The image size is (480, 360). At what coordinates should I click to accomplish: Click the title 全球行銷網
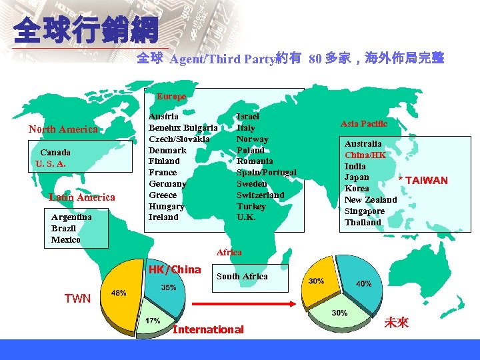[x=85, y=31]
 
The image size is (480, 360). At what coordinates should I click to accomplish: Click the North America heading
[x=63, y=129]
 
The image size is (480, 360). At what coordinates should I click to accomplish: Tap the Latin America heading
[x=82, y=197]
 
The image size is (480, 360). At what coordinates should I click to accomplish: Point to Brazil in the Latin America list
[x=63, y=229]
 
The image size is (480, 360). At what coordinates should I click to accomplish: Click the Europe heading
[x=171, y=97]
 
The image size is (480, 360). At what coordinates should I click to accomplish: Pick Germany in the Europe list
[x=167, y=184]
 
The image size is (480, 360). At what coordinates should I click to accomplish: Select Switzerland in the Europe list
[x=261, y=195]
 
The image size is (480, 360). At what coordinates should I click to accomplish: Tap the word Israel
[x=248, y=117]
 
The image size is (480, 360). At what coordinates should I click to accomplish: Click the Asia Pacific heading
[x=364, y=124]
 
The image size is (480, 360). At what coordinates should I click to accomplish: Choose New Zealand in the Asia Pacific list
[x=371, y=200]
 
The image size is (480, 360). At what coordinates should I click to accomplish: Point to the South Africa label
[x=242, y=276]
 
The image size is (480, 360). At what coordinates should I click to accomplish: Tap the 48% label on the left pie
[x=119, y=293]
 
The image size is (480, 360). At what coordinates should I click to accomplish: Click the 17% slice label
[x=153, y=321]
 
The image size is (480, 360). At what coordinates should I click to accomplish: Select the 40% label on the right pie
[x=364, y=283]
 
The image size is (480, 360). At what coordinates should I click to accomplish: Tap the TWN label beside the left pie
[x=77, y=299]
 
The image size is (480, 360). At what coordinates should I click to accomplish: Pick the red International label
[x=208, y=329]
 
